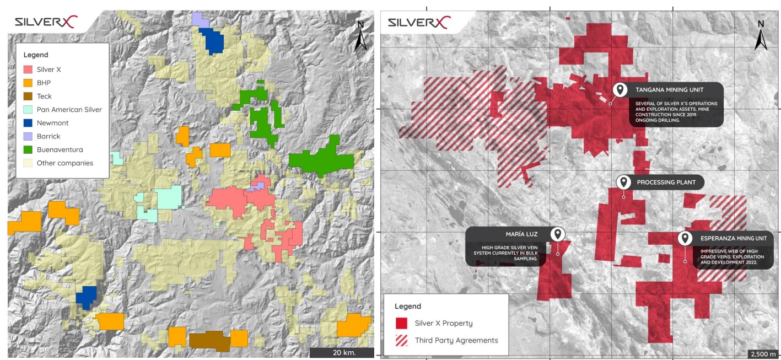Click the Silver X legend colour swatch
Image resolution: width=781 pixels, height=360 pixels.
click(x=28, y=69)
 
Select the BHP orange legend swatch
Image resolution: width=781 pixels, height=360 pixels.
click(x=28, y=83)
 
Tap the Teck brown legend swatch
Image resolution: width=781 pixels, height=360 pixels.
click(x=28, y=96)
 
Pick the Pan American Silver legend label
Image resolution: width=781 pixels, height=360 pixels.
click(x=69, y=110)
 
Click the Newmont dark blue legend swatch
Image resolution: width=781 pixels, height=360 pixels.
click(x=28, y=123)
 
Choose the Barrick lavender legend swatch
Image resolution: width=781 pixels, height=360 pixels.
click(x=28, y=136)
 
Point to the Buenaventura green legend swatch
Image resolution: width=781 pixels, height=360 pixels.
click(x=28, y=149)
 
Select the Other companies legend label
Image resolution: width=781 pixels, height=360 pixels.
click(x=64, y=163)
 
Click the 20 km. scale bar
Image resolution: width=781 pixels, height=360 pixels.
click(x=341, y=352)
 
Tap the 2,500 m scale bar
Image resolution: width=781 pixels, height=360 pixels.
click(x=762, y=353)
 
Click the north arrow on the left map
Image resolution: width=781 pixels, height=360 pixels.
click(x=360, y=36)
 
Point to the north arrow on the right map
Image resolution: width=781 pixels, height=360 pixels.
click(x=761, y=36)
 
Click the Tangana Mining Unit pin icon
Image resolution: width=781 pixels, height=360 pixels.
click(x=620, y=90)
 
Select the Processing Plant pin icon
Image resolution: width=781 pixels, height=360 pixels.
click(x=623, y=182)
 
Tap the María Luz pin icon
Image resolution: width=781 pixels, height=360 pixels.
click(x=558, y=234)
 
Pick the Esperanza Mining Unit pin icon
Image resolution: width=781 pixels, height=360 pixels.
click(x=685, y=239)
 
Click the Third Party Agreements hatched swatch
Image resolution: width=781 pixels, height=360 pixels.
click(x=401, y=340)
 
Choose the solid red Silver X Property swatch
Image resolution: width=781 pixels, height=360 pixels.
click(x=401, y=323)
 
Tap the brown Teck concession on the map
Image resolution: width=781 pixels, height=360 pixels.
click(x=209, y=341)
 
